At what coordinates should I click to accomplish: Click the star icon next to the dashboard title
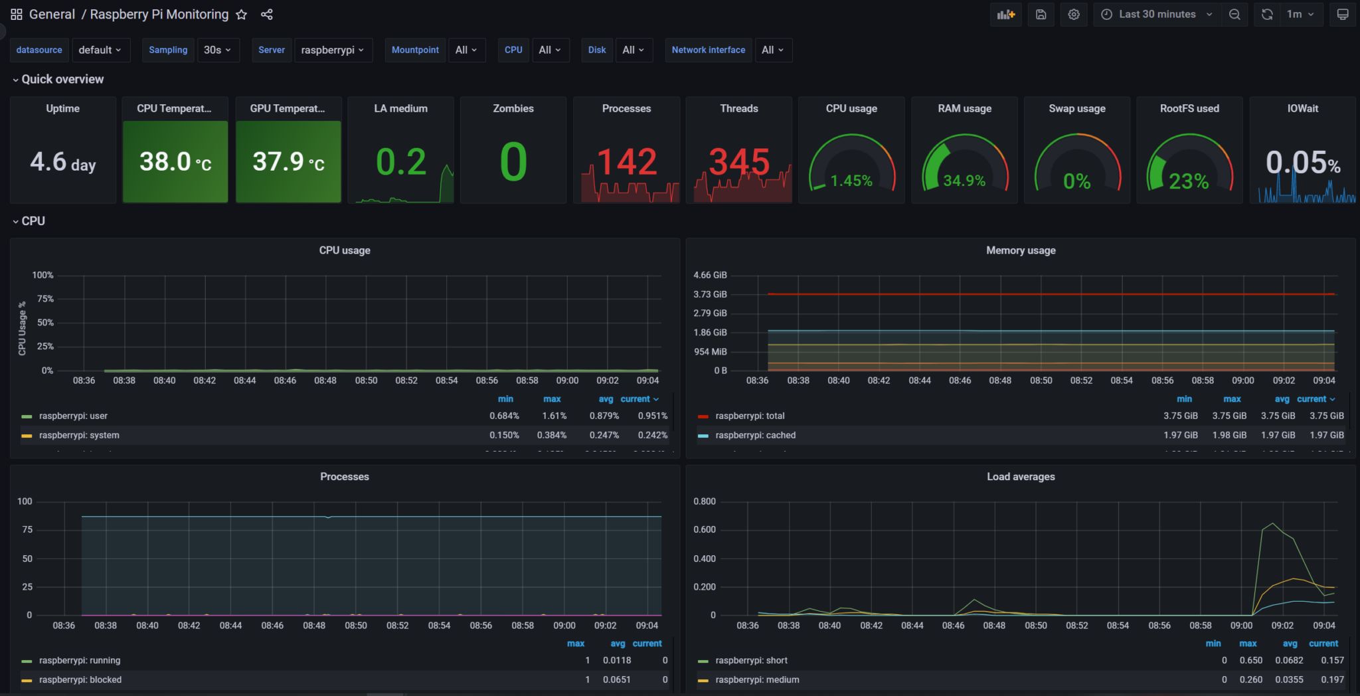(x=242, y=15)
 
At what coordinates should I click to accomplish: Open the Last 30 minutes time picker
(x=1157, y=15)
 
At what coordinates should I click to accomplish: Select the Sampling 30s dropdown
(x=218, y=50)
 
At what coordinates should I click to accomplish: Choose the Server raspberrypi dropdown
(x=332, y=50)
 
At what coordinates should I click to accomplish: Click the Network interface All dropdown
(x=772, y=50)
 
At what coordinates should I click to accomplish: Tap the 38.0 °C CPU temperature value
(x=175, y=161)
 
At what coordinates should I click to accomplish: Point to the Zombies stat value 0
(x=513, y=162)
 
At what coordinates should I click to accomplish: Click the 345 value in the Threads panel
(x=739, y=162)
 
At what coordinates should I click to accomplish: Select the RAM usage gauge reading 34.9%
(x=964, y=181)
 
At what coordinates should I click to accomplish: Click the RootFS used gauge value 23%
(x=1189, y=181)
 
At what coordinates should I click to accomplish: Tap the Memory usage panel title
(x=1021, y=250)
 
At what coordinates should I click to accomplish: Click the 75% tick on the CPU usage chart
(x=45, y=299)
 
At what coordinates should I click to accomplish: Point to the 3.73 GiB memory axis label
(x=710, y=294)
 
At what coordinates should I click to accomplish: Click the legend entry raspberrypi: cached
(x=755, y=435)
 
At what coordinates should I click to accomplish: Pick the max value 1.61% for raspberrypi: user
(x=554, y=416)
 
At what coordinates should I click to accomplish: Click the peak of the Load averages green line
(x=1272, y=524)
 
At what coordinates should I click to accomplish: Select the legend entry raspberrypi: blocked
(x=80, y=679)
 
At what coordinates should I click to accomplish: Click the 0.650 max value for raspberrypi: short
(x=1250, y=660)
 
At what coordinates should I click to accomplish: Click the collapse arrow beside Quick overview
(x=15, y=80)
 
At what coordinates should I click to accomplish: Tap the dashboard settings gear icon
(x=1074, y=15)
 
